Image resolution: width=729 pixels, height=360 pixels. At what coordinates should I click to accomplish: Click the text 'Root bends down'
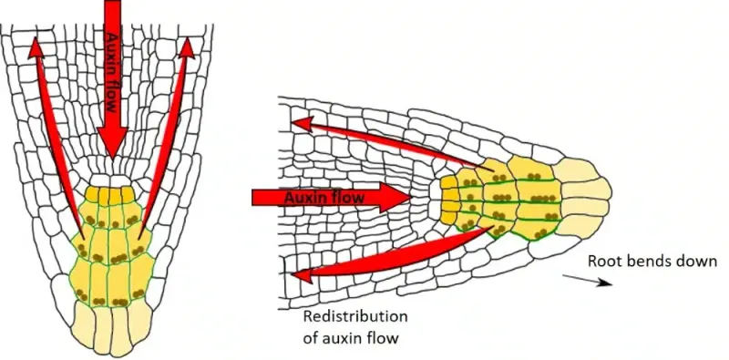pos(652,262)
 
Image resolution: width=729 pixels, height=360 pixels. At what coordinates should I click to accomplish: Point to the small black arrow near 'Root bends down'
pos(592,281)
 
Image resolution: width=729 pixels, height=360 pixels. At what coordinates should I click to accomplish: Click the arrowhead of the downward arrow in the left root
pos(112,146)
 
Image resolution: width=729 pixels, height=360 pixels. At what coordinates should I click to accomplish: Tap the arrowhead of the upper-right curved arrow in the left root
pos(190,46)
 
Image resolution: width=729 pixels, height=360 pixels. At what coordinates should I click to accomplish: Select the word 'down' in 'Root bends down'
pos(697,262)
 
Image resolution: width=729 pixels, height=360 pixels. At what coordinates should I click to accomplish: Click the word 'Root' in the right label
pos(604,262)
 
